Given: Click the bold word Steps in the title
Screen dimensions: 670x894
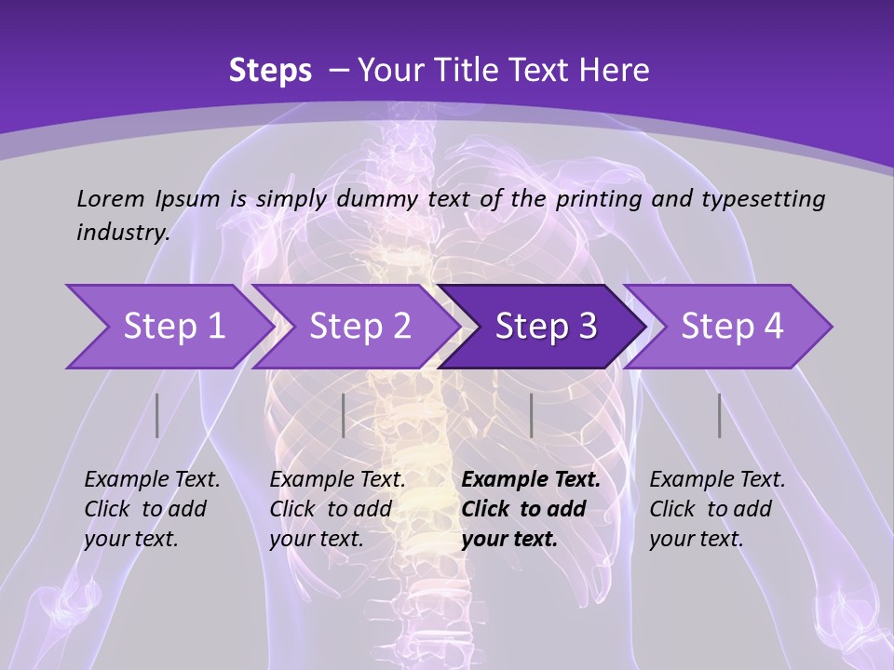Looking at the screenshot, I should point(270,71).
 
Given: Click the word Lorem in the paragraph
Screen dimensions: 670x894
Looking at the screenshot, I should point(111,198).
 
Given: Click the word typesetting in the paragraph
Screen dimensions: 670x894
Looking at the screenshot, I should point(763,198).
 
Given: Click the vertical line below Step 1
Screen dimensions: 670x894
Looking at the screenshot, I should point(157,415).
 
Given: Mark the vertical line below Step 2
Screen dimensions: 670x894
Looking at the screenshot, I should point(344,415).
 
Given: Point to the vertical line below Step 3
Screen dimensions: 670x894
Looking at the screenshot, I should point(531,415).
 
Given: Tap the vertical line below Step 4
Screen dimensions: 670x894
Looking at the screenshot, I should point(720,415).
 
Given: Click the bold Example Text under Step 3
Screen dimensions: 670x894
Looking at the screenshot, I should point(531,480).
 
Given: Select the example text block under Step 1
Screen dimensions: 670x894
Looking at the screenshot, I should point(152,509).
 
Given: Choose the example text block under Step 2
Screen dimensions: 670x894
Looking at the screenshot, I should point(337,509).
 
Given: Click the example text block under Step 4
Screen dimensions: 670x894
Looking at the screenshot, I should point(717,509).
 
